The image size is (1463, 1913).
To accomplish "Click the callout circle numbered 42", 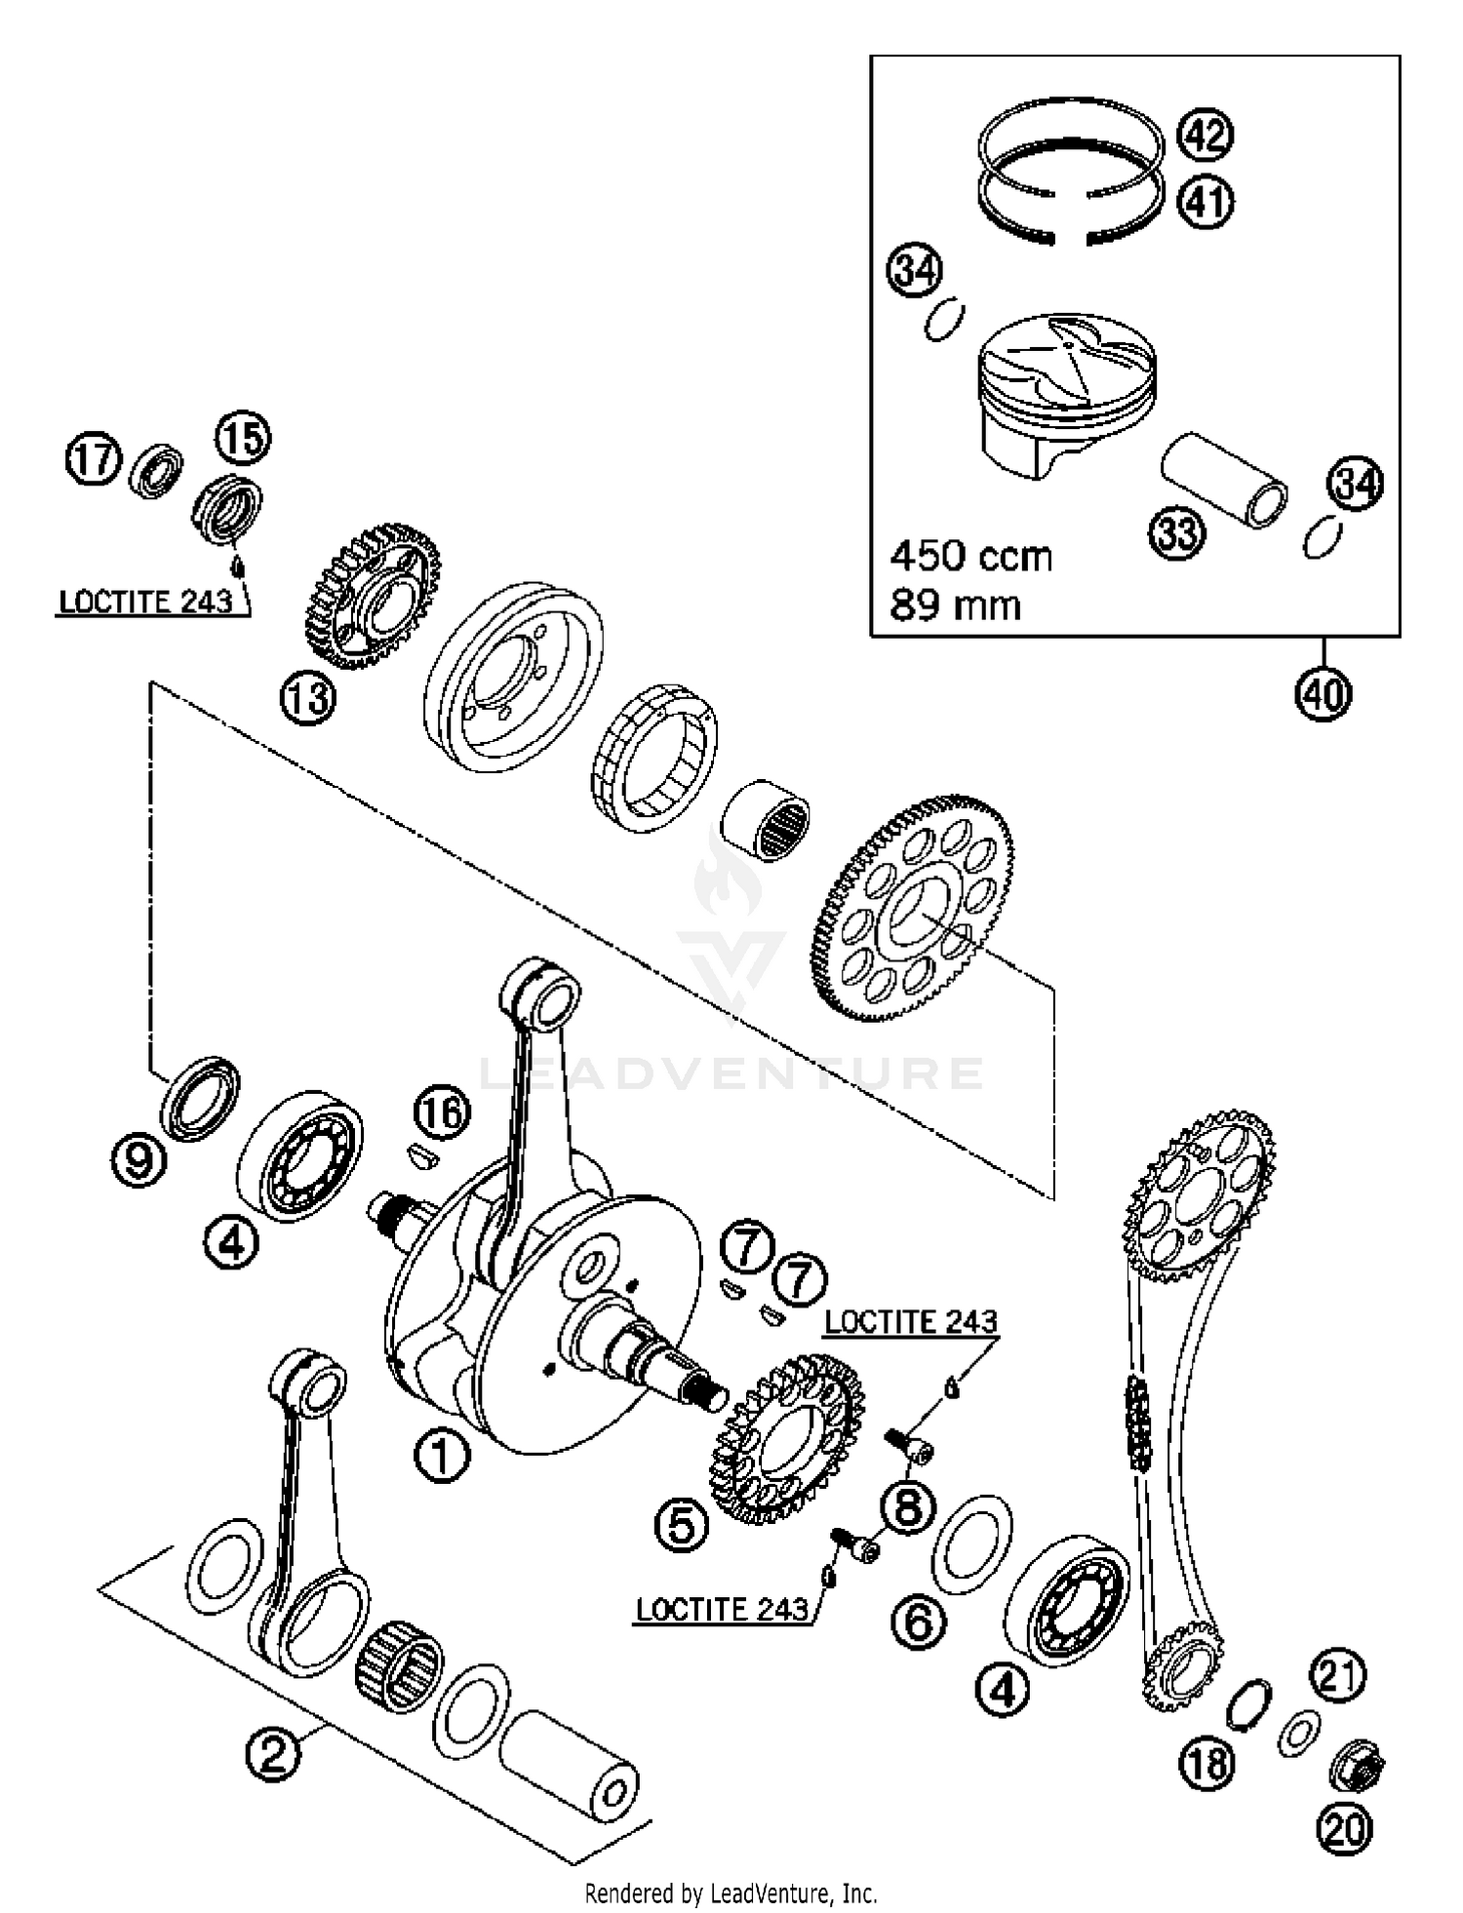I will (1206, 135).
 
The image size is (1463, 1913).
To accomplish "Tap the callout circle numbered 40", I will (1324, 694).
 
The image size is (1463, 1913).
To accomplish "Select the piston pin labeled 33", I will (1223, 482).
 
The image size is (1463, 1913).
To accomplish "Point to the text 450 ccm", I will (970, 557).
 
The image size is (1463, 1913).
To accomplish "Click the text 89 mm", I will (954, 605).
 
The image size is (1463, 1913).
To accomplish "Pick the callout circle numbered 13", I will (308, 699).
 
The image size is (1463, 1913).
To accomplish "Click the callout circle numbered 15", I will (243, 439).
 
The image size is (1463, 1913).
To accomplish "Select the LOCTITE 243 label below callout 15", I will (146, 602).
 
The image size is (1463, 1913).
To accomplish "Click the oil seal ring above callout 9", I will (200, 1096).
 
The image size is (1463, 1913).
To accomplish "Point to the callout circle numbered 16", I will (442, 1113).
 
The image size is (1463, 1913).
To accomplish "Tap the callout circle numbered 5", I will (681, 1525).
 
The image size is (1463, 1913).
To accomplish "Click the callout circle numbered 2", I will (273, 1755).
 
